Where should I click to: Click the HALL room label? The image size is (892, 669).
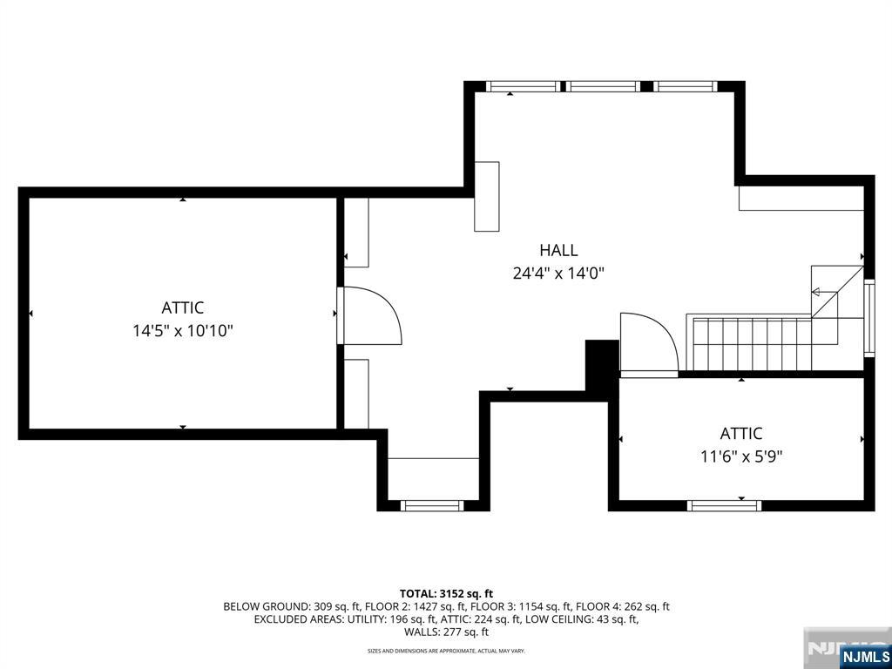pos(558,250)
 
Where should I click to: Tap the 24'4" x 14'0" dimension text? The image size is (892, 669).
pos(558,274)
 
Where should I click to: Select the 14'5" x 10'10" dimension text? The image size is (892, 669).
pos(183,330)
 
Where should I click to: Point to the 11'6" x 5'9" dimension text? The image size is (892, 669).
pos(740,456)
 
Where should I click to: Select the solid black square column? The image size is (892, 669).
pos(602,364)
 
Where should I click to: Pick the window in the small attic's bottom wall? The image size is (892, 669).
pos(724,505)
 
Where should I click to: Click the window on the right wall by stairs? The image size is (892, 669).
pos(869,318)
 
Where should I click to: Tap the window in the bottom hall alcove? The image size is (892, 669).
pos(432,505)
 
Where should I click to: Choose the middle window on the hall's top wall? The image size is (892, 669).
pos(603,86)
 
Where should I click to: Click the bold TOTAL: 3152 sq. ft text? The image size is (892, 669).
pos(446,594)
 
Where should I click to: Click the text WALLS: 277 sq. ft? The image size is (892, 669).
pos(446,632)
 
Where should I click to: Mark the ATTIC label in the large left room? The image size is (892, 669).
pos(183,307)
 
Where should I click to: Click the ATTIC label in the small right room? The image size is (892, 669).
pos(740,434)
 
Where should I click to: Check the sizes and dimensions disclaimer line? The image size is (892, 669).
pos(446,650)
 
